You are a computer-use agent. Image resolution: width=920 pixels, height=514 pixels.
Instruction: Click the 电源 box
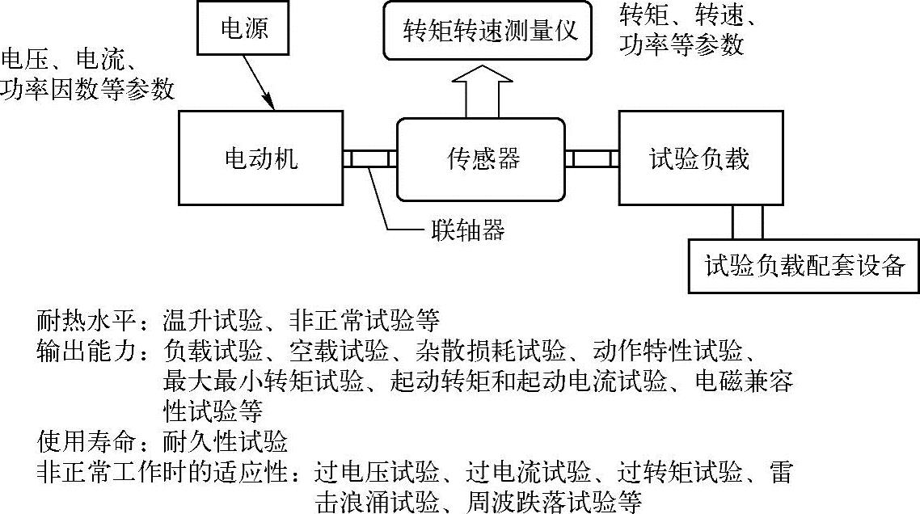point(243,30)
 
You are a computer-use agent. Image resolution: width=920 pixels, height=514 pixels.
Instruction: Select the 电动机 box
point(260,158)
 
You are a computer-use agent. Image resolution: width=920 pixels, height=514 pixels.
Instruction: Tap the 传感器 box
point(480,158)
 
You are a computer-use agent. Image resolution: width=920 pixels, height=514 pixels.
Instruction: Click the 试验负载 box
point(698,158)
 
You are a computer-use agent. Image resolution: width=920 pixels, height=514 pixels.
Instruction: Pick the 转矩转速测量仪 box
point(494,30)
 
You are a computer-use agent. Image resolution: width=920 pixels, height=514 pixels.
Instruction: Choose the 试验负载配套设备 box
point(804,265)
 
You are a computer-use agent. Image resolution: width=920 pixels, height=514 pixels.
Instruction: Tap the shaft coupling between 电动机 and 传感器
point(369,158)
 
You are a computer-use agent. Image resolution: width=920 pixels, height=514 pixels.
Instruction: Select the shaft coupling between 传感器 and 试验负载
point(592,158)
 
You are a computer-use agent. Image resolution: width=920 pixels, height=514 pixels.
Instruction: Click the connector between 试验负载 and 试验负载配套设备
point(746,221)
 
